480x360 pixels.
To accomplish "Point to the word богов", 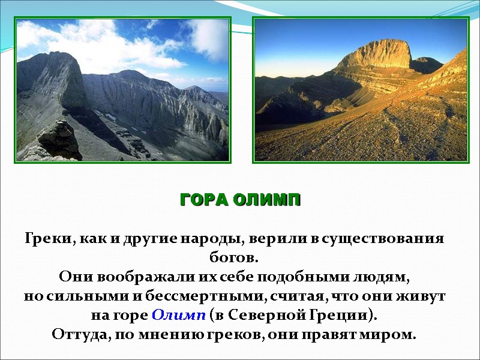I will click(x=234, y=258).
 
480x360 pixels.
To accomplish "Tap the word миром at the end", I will click(x=394, y=334).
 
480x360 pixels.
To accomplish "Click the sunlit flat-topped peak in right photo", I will click(x=377, y=55).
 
